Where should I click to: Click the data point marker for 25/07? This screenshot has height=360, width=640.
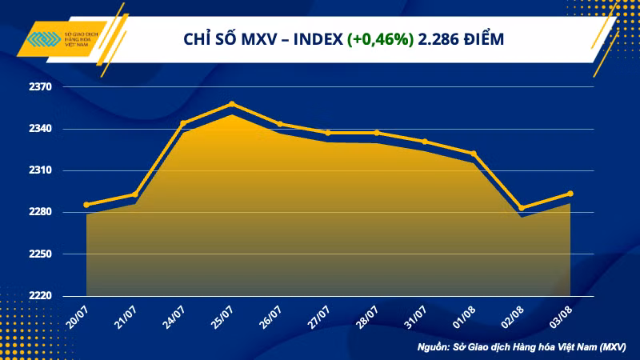(x=231, y=104)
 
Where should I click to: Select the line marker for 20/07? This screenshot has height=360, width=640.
(x=86, y=205)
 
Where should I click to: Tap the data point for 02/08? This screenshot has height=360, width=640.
(x=522, y=208)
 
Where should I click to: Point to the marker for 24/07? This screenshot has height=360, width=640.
(x=183, y=123)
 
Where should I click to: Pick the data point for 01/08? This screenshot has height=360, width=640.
(x=474, y=154)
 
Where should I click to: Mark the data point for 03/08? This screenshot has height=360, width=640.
(x=570, y=194)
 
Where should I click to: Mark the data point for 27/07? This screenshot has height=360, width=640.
(x=328, y=133)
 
